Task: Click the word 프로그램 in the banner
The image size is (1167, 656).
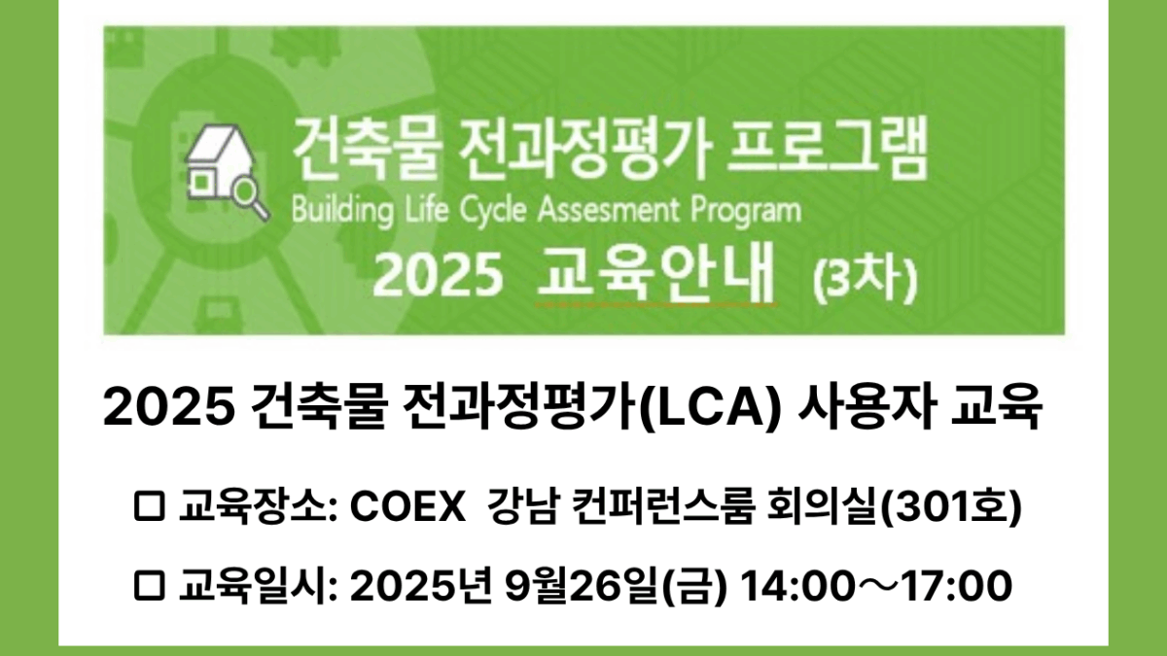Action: point(827,150)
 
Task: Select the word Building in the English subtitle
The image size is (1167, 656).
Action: point(342,211)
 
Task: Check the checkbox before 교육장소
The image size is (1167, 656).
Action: point(149,507)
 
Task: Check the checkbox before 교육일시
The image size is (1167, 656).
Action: point(149,586)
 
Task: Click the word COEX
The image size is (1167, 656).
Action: point(407,507)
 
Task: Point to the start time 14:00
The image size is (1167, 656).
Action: point(790,586)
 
